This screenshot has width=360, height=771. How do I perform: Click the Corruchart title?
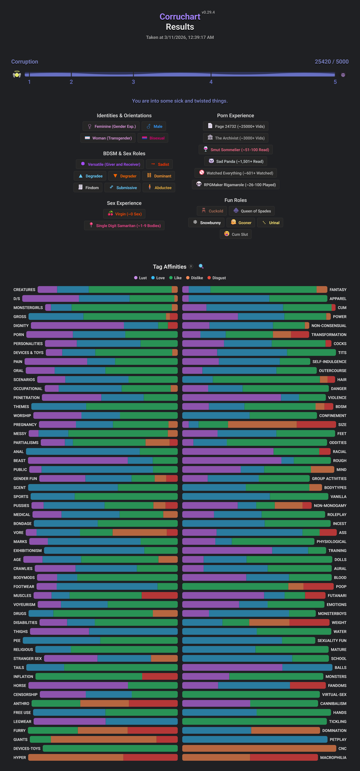[x=180, y=17]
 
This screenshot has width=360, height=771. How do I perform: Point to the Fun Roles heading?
[x=236, y=200]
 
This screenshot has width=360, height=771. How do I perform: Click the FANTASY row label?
[x=338, y=290]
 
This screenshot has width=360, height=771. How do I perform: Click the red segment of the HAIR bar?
[x=331, y=379]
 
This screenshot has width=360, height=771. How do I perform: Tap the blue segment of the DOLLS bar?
[x=225, y=559]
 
